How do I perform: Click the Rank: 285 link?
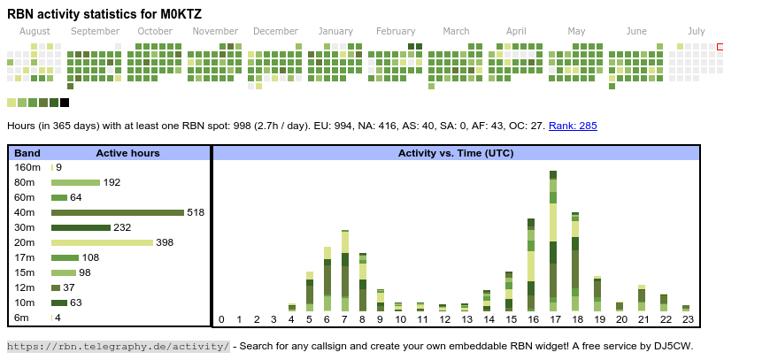573,126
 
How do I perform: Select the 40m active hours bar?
117,212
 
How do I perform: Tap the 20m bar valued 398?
102,242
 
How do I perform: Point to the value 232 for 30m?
122,227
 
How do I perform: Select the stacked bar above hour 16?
531,265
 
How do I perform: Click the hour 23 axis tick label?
686,319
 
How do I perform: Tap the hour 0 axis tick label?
221,319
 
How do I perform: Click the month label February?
396,31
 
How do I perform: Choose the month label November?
215,31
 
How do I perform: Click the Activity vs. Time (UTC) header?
456,153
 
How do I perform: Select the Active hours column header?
127,153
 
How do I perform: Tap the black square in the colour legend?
65,103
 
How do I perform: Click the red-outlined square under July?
720,47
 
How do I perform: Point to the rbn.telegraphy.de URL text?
119,346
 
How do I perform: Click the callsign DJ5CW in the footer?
673,346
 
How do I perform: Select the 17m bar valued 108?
65,257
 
